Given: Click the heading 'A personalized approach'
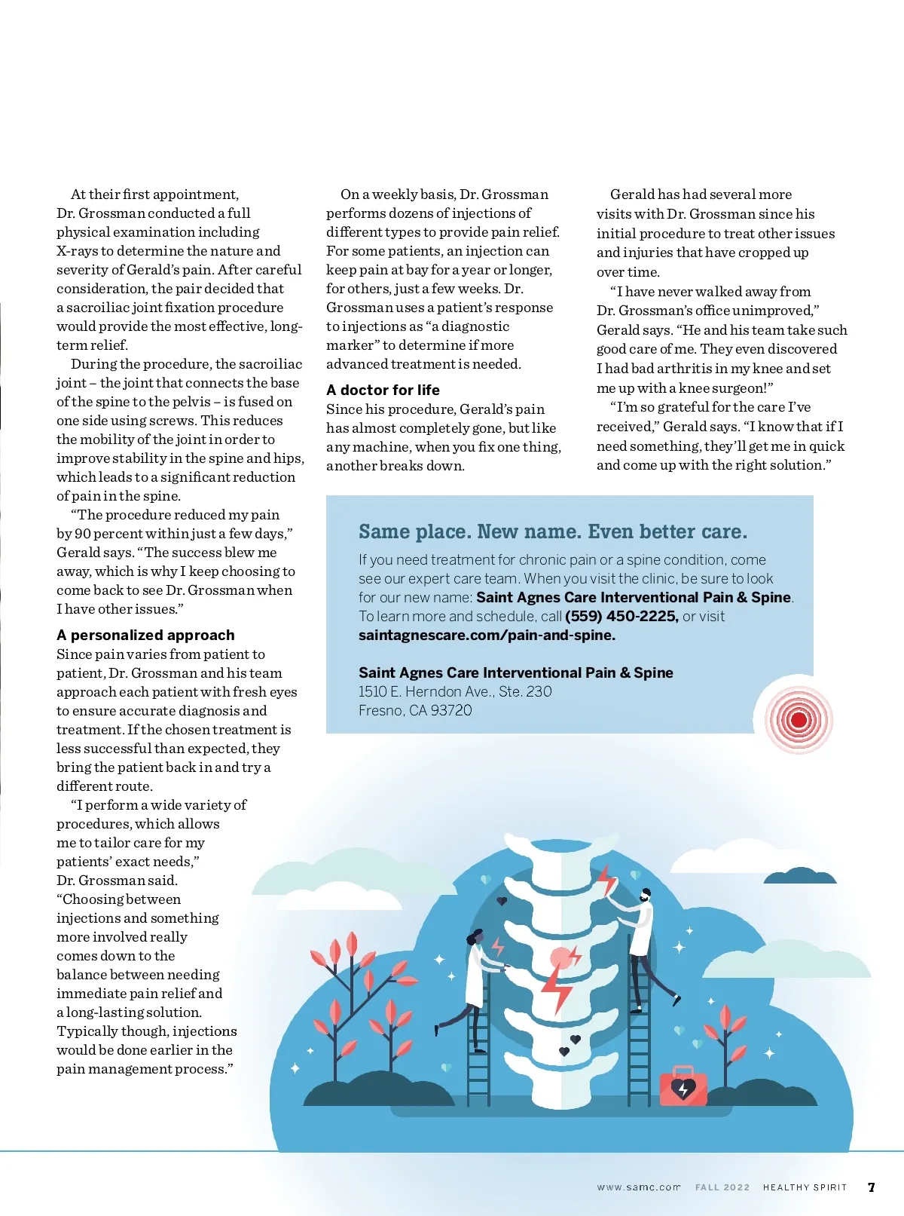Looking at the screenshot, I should [x=145, y=635].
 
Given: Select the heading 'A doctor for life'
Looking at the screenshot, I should [x=383, y=390].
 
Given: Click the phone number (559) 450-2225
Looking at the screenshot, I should [x=621, y=616].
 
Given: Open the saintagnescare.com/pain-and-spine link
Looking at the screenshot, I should [x=487, y=635].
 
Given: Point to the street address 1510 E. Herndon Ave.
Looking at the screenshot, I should [x=455, y=691].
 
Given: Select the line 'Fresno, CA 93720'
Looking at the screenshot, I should [x=415, y=710].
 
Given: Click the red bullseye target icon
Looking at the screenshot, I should [x=799, y=719].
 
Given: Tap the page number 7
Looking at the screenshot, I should [x=872, y=1187].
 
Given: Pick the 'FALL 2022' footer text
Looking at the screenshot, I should [x=722, y=1187].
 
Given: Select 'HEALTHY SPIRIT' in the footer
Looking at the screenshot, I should [x=805, y=1187].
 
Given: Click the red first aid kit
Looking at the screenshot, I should [x=683, y=1086].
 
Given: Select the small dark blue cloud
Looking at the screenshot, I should [x=799, y=874].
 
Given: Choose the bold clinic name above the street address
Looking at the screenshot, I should [x=515, y=672].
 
